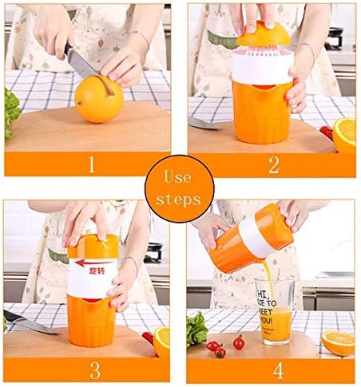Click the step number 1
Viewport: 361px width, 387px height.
point(90,165)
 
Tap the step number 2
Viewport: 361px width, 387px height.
point(273,165)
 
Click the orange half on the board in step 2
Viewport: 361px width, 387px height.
point(344,132)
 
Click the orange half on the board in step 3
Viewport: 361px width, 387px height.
point(162,339)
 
